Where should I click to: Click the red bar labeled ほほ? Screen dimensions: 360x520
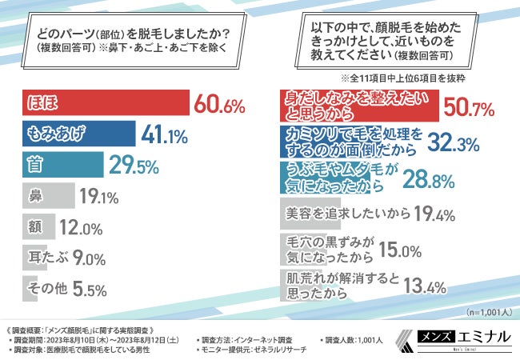click(x=104, y=104)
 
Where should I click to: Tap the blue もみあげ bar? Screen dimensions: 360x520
click(x=77, y=134)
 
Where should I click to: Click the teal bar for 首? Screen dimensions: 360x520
click(x=60, y=164)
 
